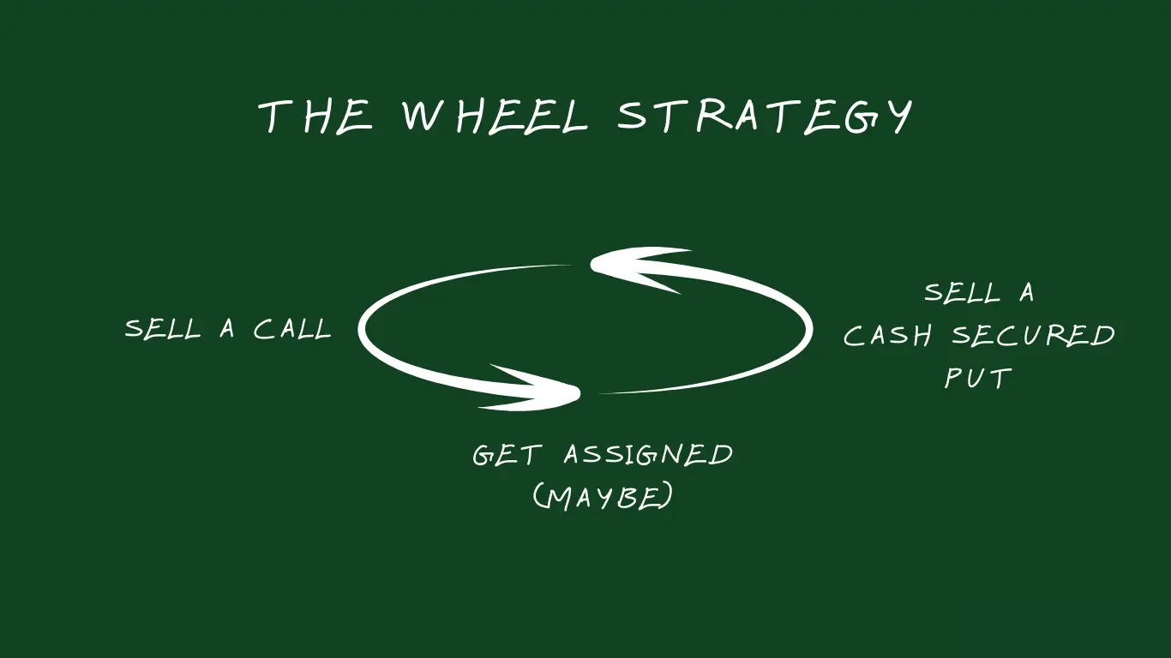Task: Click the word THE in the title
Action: point(315,116)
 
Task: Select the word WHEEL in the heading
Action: point(495,116)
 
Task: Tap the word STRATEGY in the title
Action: point(765,116)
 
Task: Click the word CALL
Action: point(292,329)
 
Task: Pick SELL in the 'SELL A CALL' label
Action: point(163,329)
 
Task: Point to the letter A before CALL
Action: point(227,329)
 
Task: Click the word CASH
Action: point(887,335)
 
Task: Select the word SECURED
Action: point(1033,334)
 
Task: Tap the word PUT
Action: point(978,378)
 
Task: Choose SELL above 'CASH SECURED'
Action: point(962,293)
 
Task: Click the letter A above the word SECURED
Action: point(1027,293)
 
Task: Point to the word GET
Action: point(506,455)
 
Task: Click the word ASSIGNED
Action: point(649,454)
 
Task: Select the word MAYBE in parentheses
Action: point(603,497)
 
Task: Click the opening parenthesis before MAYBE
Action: point(538,497)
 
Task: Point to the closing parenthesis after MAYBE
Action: point(665,497)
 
